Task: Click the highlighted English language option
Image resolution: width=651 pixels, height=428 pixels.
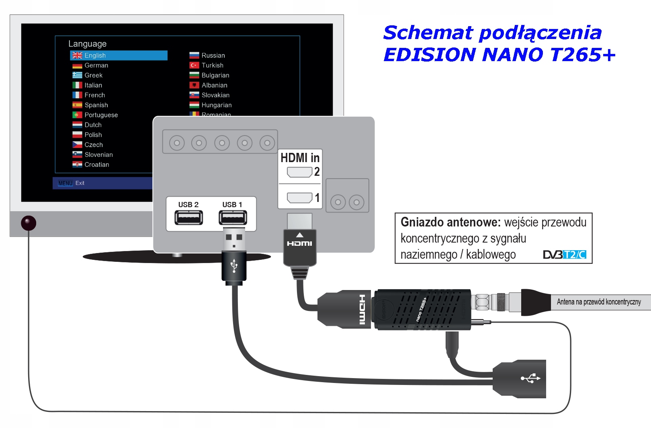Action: coord(119,56)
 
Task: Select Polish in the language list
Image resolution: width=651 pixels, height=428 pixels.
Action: coord(93,135)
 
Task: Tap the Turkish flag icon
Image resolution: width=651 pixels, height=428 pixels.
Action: coord(194,65)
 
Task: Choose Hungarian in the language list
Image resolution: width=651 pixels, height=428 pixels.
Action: coord(216,105)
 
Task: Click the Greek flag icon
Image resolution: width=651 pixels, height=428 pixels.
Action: coord(77,75)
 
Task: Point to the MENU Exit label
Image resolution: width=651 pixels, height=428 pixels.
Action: coord(72,183)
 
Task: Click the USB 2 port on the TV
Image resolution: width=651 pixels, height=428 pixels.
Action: coord(188,218)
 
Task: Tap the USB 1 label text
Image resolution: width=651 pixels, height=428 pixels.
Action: coord(232,205)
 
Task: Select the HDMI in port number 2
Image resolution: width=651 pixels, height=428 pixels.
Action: coord(300,172)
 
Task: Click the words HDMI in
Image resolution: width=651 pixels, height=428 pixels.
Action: coord(300,158)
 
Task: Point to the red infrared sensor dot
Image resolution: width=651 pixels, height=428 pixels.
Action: coord(29,223)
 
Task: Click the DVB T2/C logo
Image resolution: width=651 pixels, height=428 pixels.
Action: coord(564,255)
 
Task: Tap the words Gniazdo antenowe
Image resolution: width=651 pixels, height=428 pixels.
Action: coord(450,222)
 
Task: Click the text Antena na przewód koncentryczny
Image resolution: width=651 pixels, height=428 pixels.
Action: coord(598,302)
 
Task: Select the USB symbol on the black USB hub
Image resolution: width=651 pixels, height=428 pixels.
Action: coord(530,378)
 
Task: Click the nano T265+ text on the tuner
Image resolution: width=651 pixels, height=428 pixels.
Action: coord(421,310)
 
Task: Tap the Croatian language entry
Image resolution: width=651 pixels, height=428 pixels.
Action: coord(96,165)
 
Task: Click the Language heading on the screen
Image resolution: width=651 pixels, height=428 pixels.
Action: coord(87,44)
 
